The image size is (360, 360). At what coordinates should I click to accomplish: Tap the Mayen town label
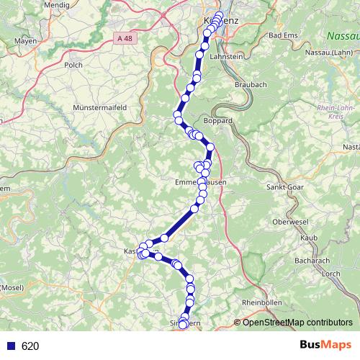click(x=24, y=41)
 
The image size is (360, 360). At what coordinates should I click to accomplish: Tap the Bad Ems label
click(x=283, y=35)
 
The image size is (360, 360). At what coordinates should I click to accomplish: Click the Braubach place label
click(x=251, y=84)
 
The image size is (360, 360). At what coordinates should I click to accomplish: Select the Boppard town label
click(x=218, y=121)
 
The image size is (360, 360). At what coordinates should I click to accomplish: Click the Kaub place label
click(x=309, y=237)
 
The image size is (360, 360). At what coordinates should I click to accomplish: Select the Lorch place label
click(x=331, y=274)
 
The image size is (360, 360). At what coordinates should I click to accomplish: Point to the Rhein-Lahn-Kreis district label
click(x=332, y=113)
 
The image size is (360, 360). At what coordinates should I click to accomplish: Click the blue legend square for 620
click(x=11, y=346)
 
